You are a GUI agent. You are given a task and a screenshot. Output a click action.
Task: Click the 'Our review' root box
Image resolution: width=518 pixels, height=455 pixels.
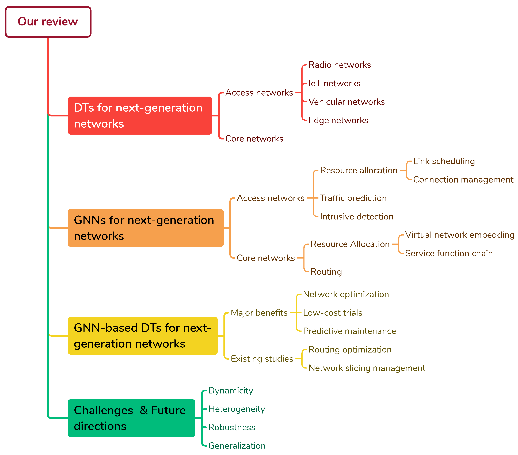click(x=48, y=22)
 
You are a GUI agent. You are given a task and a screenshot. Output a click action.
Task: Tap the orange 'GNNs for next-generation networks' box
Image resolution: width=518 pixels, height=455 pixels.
click(x=146, y=228)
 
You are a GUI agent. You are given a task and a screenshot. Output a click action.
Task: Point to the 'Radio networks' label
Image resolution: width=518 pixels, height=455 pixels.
click(x=339, y=65)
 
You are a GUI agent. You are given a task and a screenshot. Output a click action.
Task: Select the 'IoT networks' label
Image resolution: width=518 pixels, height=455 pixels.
click(x=334, y=83)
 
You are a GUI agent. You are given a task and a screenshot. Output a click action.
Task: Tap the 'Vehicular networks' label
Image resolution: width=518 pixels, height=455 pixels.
click(x=346, y=102)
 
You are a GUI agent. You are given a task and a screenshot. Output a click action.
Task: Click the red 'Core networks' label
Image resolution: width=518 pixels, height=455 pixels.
click(x=254, y=139)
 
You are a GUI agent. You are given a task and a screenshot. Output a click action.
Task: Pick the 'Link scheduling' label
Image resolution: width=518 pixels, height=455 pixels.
click(x=444, y=161)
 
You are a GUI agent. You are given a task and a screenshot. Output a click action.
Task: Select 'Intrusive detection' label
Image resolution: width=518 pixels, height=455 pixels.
click(x=357, y=217)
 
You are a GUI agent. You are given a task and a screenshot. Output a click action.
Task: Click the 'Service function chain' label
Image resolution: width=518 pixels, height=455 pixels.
click(x=449, y=253)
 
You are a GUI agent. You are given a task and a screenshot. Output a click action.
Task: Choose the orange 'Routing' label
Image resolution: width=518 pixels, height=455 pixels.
click(x=326, y=272)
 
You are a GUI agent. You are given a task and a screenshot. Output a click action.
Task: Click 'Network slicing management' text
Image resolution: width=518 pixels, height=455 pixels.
click(x=367, y=368)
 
